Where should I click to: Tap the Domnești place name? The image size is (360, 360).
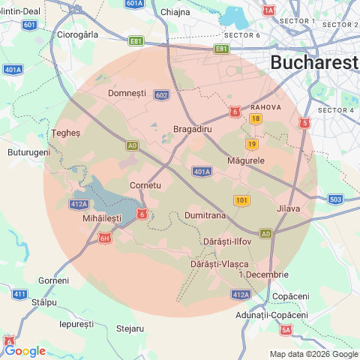(x=127, y=93)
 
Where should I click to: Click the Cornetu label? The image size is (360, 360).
(x=145, y=184)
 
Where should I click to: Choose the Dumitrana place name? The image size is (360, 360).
(x=205, y=215)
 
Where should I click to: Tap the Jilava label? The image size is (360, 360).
(x=288, y=208)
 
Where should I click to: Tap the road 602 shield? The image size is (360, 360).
(x=160, y=95)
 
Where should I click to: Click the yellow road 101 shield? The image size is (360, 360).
(x=241, y=200)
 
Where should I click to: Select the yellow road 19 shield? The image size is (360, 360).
(x=251, y=144)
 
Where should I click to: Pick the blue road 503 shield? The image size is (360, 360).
(x=335, y=199)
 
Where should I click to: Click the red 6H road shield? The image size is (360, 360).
(x=104, y=238)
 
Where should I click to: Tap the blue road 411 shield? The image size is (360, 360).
(x=19, y=294)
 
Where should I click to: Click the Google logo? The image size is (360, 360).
(x=25, y=350)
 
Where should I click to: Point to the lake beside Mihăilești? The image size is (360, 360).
(x=105, y=196)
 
